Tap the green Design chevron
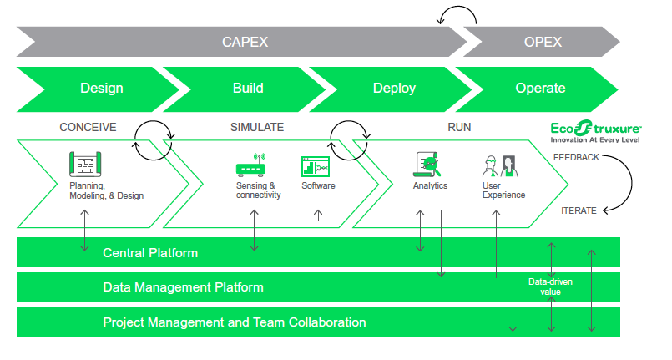tap(101, 88)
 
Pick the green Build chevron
tap(247, 88)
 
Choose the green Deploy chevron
tap(394, 88)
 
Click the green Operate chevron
tap(540, 88)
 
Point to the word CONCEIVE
tap(88, 128)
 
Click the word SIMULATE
tap(257, 128)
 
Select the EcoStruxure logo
tap(595, 130)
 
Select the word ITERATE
tap(579, 210)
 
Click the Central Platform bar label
tap(150, 252)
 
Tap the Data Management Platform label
tap(183, 287)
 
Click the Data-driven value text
tap(549, 287)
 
